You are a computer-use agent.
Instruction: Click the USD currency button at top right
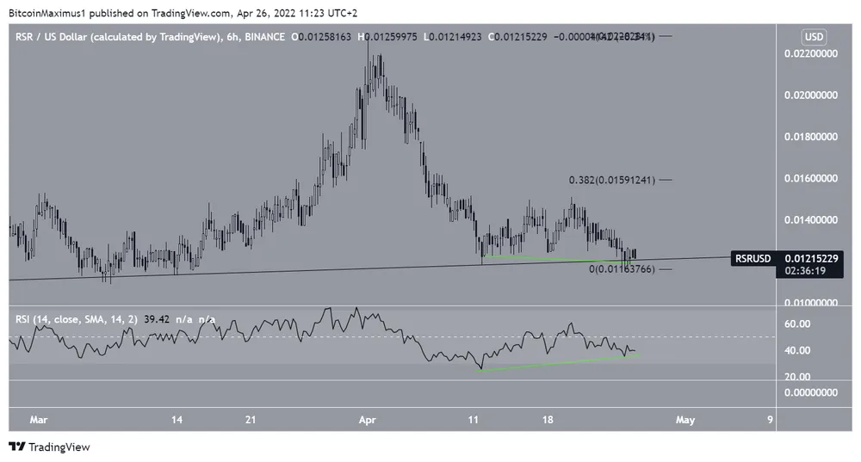[813, 37]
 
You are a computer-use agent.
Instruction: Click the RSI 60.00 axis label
[798, 323]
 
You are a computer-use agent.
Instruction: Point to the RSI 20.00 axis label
[798, 377]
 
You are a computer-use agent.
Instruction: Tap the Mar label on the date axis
[39, 420]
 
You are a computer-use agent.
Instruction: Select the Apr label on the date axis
[367, 420]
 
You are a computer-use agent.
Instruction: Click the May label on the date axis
[684, 420]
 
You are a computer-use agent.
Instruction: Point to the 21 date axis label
[251, 420]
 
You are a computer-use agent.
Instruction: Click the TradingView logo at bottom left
[49, 447]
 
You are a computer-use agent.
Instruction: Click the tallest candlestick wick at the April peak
[368, 52]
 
